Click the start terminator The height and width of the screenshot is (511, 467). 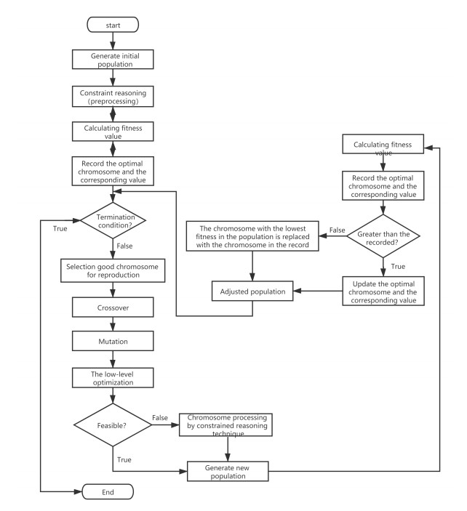coord(113,25)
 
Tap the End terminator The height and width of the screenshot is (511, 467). coord(108,492)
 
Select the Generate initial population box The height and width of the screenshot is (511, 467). coord(113,60)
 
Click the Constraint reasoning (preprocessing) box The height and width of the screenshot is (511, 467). coord(113,97)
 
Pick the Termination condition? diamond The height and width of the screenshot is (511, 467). coord(113,221)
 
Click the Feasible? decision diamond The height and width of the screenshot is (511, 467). coord(113,425)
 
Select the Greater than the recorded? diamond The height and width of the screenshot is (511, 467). coord(383,236)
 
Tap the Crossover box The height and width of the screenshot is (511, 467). coord(113,307)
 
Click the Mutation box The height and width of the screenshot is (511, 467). coord(113,341)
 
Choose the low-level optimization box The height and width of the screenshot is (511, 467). coord(113,378)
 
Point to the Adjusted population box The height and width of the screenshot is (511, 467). coord(252,291)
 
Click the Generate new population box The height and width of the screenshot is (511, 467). coord(228,471)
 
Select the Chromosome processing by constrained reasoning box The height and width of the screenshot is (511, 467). coord(225,425)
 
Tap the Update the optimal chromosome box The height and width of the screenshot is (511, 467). coord(383,291)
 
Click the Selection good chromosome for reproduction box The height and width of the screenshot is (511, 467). coord(113,270)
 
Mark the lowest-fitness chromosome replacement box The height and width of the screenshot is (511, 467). coord(252,236)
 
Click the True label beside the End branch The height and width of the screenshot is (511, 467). coord(60,228)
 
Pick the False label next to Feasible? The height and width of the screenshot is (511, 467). coord(160,417)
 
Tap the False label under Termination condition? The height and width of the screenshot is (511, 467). coord(124,246)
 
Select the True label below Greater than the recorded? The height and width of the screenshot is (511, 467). coord(398,266)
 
